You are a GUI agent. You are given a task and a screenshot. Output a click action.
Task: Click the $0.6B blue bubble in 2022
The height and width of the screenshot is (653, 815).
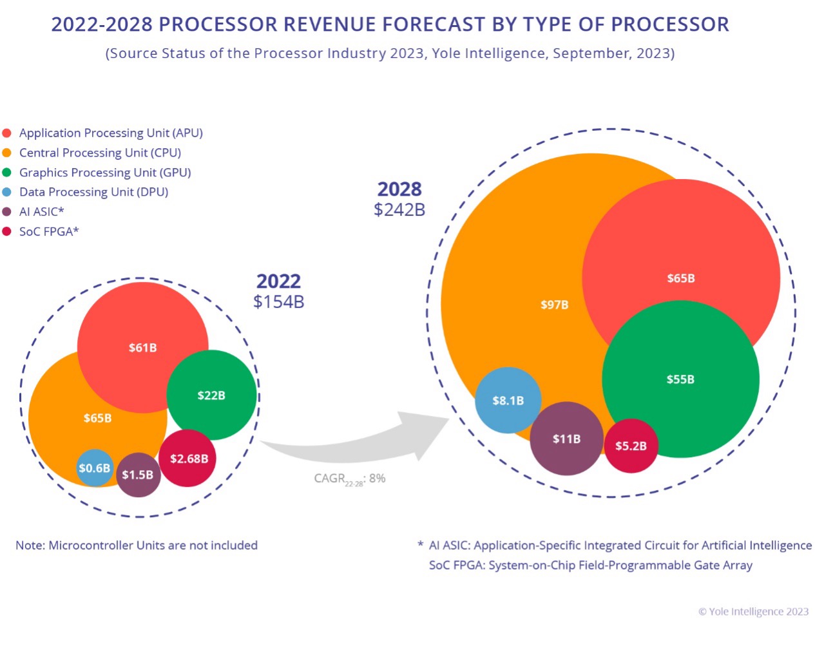tap(95, 468)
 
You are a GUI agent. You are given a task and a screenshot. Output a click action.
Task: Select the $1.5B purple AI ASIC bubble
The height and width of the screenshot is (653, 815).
tap(138, 475)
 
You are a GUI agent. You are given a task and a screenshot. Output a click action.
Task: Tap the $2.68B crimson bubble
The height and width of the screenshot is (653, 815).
tap(188, 459)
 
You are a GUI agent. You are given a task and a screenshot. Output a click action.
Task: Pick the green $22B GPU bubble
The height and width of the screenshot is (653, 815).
tap(212, 395)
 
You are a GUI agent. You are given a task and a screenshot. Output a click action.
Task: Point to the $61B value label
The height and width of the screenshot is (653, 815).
tap(142, 348)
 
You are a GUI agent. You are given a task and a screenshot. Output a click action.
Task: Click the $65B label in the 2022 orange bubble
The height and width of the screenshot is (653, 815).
tap(97, 419)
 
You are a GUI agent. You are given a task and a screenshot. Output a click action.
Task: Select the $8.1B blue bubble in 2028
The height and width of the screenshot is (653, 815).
tap(508, 401)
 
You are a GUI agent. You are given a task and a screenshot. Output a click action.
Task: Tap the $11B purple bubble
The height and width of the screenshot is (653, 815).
tap(566, 439)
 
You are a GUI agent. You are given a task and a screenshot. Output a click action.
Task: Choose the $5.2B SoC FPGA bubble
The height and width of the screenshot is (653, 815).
tap(631, 446)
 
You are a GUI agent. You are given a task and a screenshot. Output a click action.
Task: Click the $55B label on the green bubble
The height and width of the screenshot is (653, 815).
tap(680, 379)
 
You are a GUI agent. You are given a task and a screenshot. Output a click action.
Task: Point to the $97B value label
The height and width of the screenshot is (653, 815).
tap(554, 305)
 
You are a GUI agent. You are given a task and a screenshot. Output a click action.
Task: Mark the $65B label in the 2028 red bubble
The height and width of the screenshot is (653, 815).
tap(680, 278)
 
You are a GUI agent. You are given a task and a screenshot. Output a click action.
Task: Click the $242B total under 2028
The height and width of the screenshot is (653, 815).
tap(399, 210)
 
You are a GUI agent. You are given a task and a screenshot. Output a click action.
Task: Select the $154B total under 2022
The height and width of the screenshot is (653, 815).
tap(278, 302)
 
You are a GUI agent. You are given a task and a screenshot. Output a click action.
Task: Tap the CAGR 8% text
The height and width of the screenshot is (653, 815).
tap(350, 478)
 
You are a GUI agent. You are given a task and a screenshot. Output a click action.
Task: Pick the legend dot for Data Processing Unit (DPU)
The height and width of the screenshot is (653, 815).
tap(7, 192)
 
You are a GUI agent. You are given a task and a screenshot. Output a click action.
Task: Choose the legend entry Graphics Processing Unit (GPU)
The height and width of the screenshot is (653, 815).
tap(105, 173)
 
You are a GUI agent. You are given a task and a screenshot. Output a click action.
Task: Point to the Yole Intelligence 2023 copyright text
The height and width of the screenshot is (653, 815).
tap(753, 612)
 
